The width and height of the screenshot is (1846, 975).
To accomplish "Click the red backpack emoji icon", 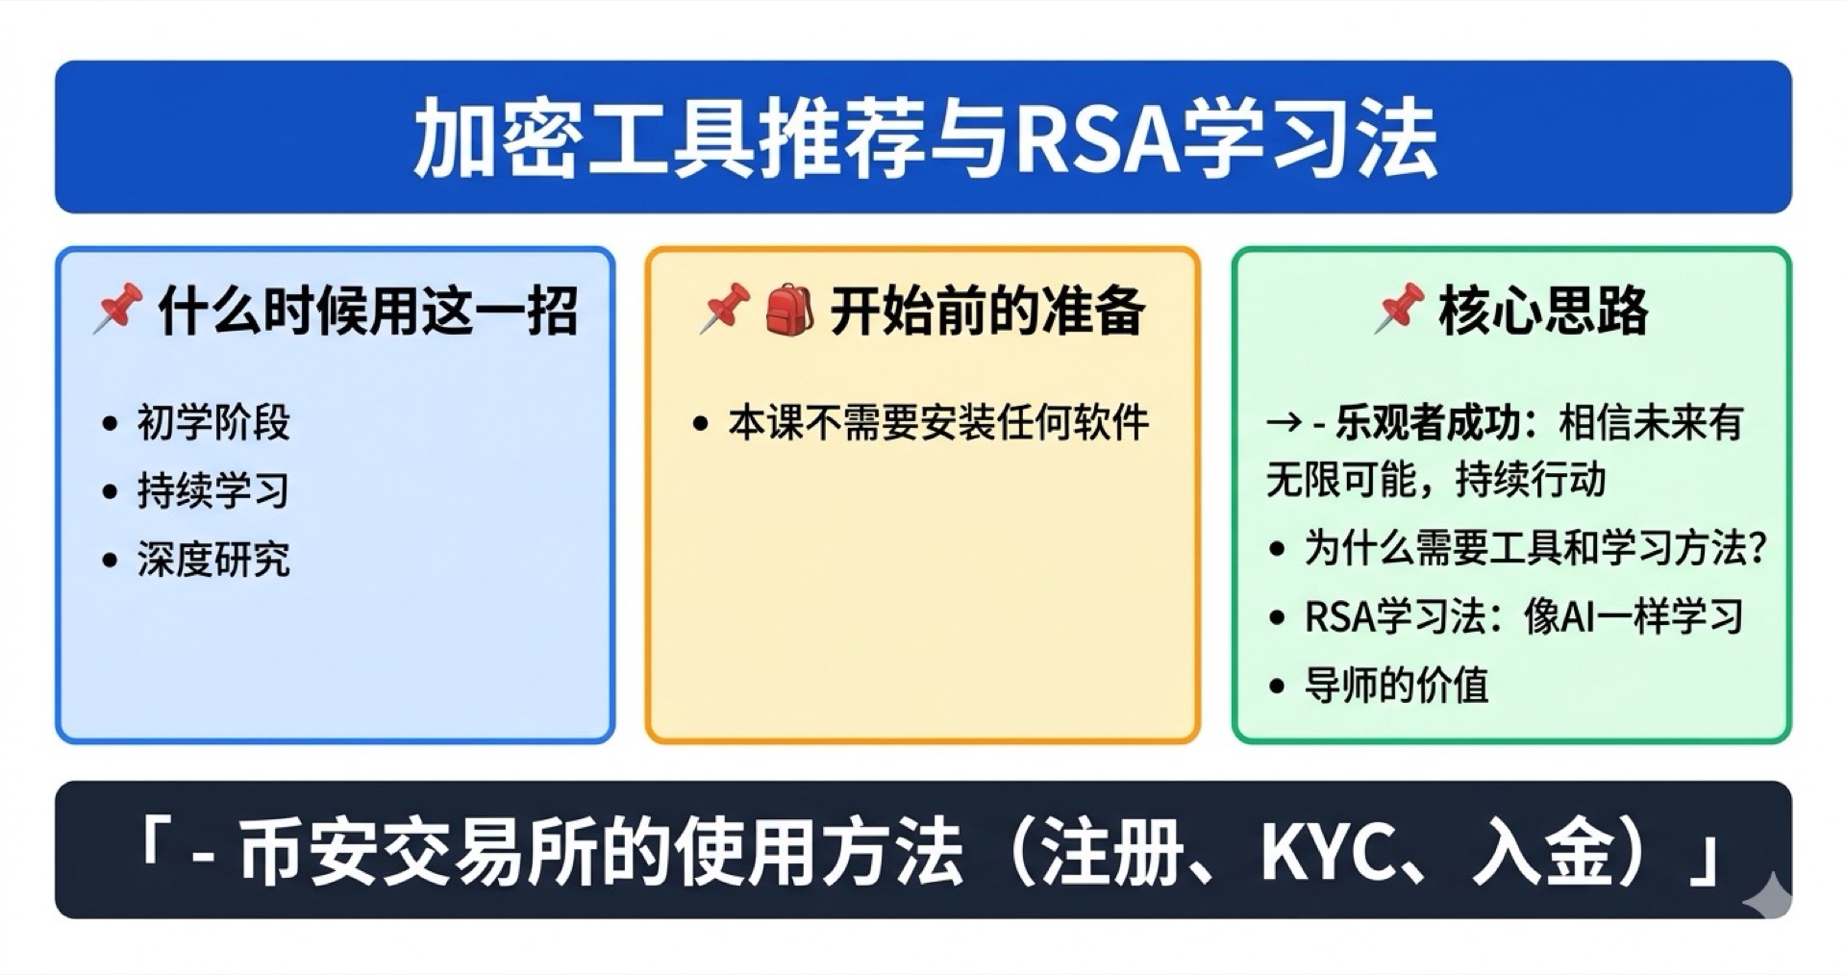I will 789,310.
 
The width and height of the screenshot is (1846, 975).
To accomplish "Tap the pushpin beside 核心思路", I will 1399,309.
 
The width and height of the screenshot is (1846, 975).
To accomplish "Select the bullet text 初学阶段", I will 213,422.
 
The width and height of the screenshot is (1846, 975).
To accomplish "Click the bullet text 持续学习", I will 213,490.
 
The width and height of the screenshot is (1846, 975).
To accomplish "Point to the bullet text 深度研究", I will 213,560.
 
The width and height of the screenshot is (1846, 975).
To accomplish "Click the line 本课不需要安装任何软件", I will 938,422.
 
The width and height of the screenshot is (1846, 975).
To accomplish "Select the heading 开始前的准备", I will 987,311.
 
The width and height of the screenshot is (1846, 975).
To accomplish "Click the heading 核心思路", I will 1543,311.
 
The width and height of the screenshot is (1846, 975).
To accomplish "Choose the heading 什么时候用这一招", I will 367,311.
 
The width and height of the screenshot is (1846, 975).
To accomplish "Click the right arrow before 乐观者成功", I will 1285,423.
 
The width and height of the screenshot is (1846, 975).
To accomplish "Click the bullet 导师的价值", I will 1396,686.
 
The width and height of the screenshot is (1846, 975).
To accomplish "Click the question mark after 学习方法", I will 1759,549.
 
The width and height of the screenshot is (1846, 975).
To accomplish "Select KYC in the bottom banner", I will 1327,852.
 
